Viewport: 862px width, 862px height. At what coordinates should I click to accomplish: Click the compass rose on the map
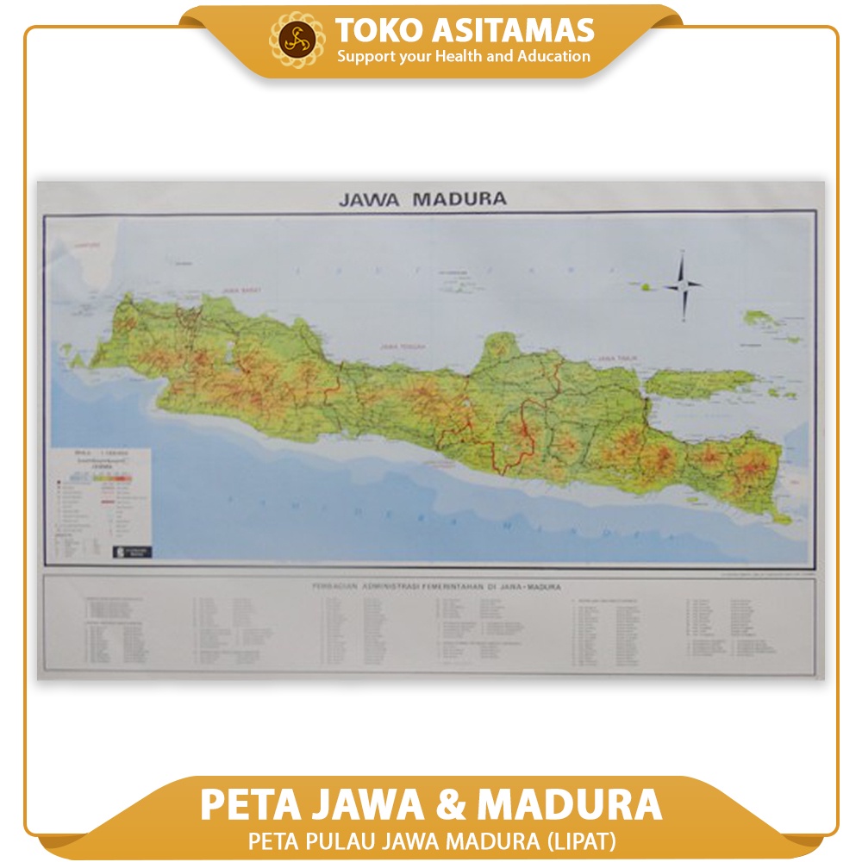684,284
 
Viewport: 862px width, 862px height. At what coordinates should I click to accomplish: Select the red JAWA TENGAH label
402,347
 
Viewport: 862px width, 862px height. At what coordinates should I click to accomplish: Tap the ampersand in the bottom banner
451,804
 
